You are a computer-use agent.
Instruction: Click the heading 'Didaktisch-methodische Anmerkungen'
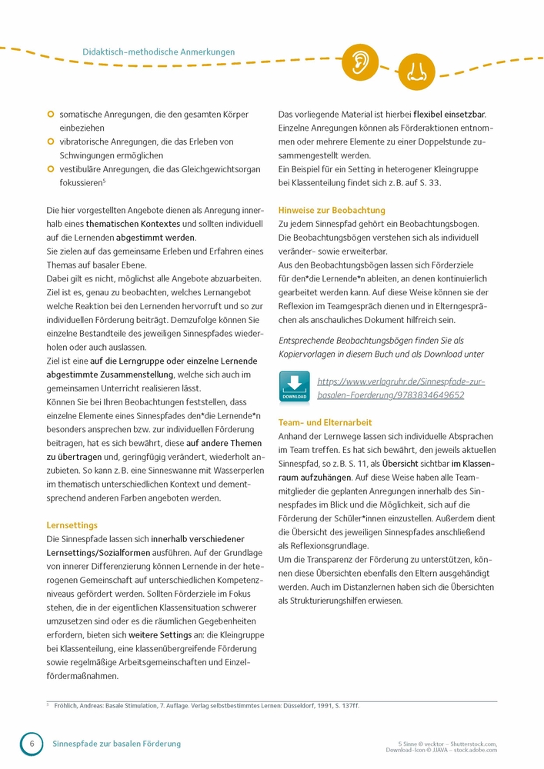(159, 52)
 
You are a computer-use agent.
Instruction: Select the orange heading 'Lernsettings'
(72, 526)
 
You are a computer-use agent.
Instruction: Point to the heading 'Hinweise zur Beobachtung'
(332, 210)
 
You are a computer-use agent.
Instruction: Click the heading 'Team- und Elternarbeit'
(325, 422)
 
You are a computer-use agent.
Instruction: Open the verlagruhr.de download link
(390, 388)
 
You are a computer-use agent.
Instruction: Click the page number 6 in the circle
(32, 744)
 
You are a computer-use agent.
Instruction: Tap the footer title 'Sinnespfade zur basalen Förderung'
(116, 744)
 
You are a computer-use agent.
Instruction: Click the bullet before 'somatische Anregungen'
(51, 115)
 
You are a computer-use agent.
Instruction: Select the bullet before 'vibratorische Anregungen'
(51, 141)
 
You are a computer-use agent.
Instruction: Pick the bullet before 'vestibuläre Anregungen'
(51, 169)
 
